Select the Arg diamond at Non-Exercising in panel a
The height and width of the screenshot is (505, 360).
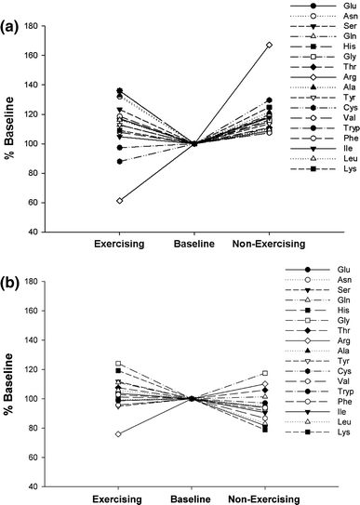(269, 45)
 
